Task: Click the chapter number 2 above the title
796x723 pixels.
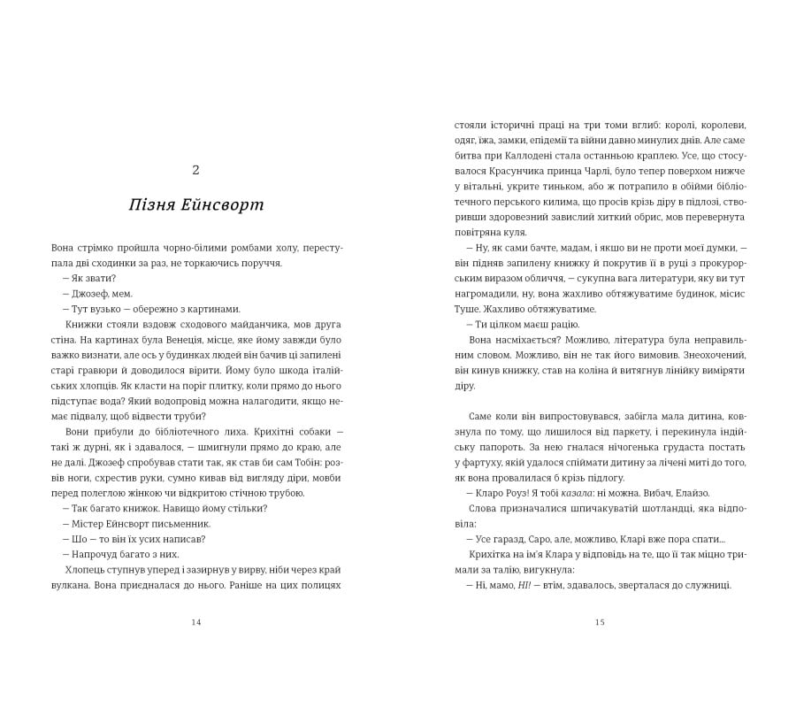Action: click(195, 170)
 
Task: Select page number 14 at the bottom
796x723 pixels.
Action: click(196, 622)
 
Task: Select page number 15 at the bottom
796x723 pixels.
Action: click(600, 622)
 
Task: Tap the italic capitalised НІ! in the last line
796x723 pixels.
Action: click(524, 586)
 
